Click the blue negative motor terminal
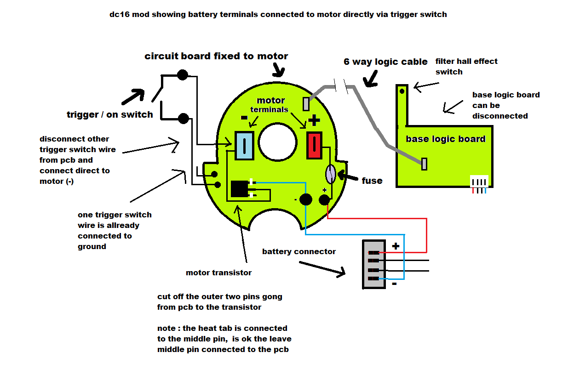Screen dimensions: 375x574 click(x=244, y=145)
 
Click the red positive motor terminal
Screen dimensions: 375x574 click(x=315, y=145)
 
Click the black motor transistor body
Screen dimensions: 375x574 click(x=239, y=189)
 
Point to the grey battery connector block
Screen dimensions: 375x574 click(x=373, y=264)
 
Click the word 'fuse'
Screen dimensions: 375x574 click(x=372, y=181)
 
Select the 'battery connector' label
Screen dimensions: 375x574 click(x=299, y=251)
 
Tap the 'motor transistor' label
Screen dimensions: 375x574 click(x=218, y=273)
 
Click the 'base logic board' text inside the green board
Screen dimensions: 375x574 click(x=445, y=139)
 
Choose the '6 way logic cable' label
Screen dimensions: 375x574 click(x=385, y=62)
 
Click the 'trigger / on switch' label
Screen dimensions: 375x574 click(x=110, y=114)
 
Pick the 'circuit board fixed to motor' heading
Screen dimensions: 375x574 click(x=216, y=56)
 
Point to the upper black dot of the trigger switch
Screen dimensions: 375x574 click(x=183, y=74)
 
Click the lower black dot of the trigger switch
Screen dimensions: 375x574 click(x=183, y=118)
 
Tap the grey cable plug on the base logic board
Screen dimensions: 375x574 click(x=425, y=164)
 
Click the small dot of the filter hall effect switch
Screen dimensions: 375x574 click(x=402, y=91)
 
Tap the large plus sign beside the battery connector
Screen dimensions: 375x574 click(x=395, y=246)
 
